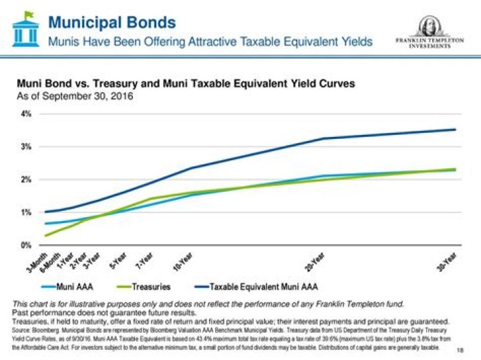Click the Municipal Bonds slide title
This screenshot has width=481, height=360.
pos(112,22)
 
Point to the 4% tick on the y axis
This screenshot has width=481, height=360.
pos(25,114)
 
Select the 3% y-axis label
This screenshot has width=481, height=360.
pos(25,146)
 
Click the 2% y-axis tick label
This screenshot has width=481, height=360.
pos(25,179)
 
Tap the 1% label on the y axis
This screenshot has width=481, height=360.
pos(25,212)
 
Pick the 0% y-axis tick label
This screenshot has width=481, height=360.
pos(25,245)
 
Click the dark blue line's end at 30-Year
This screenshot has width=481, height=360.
pos(456,130)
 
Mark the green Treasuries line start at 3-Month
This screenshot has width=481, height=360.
pos(45,236)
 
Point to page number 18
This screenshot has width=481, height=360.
pos(460,350)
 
